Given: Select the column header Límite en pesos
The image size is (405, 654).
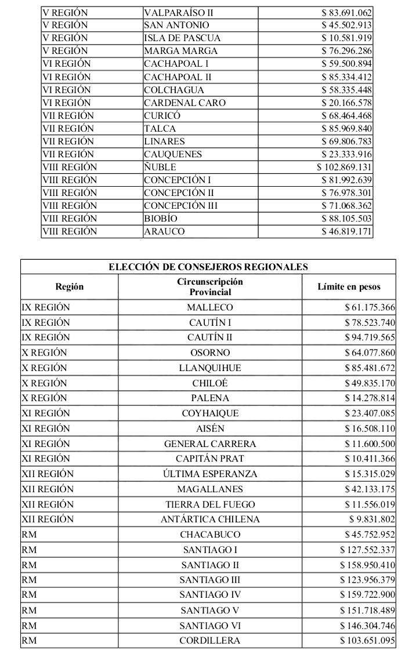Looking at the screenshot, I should pos(349,286).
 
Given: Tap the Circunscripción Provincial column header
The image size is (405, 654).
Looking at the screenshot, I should pos(210,286).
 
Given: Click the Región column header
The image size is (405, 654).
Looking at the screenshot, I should pos(70,286).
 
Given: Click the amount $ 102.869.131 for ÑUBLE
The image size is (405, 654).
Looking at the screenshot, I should pos(344,167).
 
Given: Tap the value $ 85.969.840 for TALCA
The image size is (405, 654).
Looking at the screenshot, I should pos(346,128).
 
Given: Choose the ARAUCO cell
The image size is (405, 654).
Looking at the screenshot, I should pos(164,231).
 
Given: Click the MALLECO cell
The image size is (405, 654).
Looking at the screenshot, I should pos(210,307).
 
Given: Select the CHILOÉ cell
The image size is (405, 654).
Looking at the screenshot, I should pos(210,383).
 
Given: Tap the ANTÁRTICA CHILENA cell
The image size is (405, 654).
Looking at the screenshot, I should pos(210,519).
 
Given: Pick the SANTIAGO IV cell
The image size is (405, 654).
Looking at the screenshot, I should pos(210,594).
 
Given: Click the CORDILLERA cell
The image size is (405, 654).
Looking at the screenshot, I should pos(210,640).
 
